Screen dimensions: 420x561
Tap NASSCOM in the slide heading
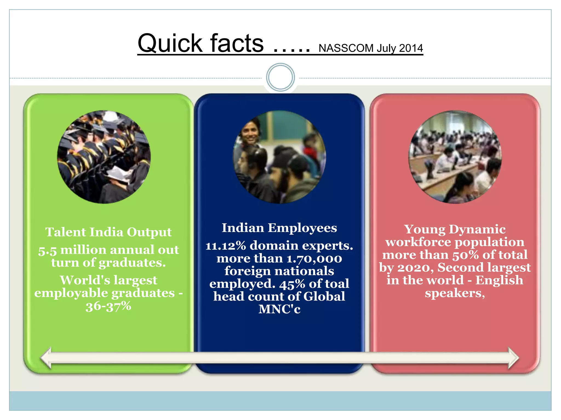click(346, 48)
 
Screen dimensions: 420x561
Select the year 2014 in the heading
click(411, 48)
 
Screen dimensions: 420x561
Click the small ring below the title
click(280, 77)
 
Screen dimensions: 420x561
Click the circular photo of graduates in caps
click(104, 157)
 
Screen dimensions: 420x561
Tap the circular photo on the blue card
click(279, 157)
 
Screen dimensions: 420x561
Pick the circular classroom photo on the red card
click(455, 157)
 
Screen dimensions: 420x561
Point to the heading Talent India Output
click(108, 232)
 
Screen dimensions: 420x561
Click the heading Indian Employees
click(279, 228)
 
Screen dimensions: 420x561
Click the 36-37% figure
click(108, 306)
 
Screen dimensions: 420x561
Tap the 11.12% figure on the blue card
click(226, 246)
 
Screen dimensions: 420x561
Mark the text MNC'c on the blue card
click(279, 309)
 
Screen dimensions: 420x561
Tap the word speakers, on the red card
click(455, 293)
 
